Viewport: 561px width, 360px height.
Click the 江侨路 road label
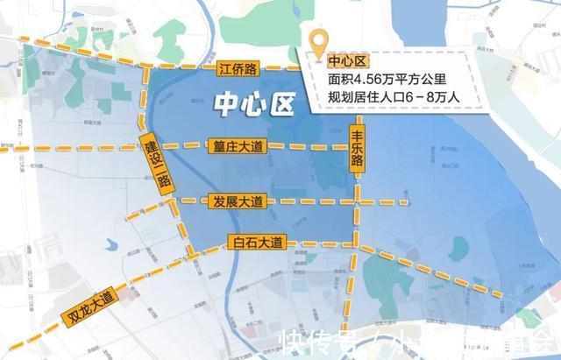[x=238, y=67]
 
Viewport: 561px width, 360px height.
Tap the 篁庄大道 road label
[x=238, y=147]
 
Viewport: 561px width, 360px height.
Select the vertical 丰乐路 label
[x=358, y=151]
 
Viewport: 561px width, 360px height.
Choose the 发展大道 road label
[x=238, y=201]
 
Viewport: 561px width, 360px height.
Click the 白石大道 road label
[x=255, y=241]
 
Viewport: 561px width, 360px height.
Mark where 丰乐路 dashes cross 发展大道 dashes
[x=357, y=202]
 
